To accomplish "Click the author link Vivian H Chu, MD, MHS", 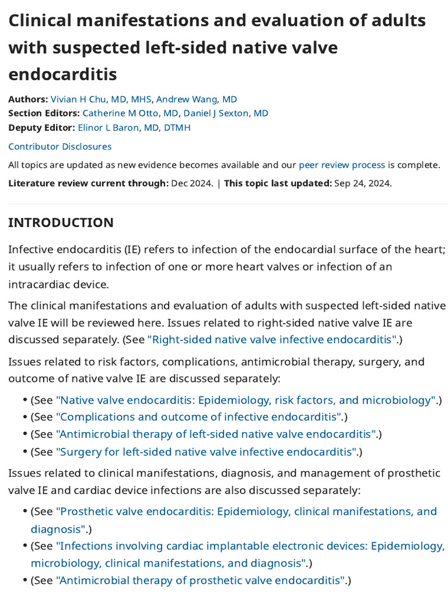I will click(100, 99).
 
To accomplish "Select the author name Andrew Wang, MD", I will click(197, 99).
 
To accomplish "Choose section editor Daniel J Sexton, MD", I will click(226, 113).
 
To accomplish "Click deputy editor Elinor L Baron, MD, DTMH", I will click(134, 127).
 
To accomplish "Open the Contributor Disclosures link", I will click(60, 147).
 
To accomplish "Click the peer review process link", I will click(342, 165).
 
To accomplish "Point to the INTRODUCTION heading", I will click(61, 222).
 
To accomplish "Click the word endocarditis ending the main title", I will click(62, 74).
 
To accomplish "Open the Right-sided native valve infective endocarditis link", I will click(272, 339).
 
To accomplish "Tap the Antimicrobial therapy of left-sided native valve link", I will click(216, 434).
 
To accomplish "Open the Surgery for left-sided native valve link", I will click(206, 451).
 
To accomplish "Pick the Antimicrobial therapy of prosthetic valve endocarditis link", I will click(200, 580).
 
